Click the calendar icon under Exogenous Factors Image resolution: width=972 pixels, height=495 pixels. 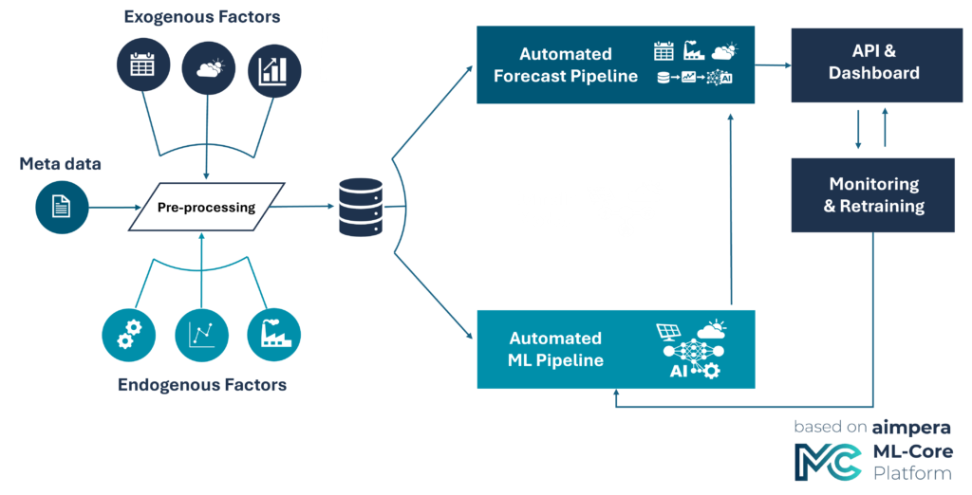click(143, 64)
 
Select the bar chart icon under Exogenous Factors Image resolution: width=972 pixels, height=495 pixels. click(274, 70)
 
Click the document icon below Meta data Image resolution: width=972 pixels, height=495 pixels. click(62, 207)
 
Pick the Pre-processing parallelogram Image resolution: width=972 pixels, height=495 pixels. click(206, 207)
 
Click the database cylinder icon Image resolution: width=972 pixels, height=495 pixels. click(361, 207)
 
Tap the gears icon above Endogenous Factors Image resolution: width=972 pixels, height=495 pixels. click(129, 335)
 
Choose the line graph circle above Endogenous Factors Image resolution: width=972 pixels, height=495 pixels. click(201, 335)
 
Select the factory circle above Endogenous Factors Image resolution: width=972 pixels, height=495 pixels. click(273, 335)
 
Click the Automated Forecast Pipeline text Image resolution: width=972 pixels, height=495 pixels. click(566, 65)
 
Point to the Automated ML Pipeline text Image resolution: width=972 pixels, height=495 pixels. click(555, 349)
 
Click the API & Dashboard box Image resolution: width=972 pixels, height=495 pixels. click(876, 65)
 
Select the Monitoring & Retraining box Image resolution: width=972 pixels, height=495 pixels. click(873, 195)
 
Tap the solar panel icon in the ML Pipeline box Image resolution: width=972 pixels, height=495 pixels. click(669, 333)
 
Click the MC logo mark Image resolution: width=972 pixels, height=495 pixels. click(828, 462)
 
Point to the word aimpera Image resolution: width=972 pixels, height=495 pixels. click(911, 428)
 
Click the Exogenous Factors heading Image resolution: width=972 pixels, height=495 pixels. click(202, 17)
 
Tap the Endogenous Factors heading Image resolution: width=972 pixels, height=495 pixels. click(202, 385)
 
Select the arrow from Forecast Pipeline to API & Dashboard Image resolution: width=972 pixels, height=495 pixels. click(773, 64)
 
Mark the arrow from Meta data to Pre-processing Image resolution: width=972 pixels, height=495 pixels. click(115, 208)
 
